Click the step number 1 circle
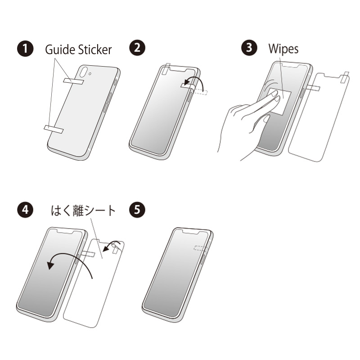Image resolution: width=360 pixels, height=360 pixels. point(25,49)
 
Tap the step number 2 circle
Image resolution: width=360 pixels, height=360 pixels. point(137,48)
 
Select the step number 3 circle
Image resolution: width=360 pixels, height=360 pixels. point(249,48)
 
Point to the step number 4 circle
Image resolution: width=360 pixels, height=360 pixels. point(25,210)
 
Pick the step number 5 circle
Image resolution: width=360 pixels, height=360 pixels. point(137,210)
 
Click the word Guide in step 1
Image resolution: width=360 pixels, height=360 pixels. point(60,49)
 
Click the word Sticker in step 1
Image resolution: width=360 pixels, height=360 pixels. point(95,49)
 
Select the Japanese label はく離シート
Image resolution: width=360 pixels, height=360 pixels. point(83,211)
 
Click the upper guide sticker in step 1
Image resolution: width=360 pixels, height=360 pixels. point(73,81)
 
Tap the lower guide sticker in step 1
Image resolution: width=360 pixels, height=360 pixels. point(54,129)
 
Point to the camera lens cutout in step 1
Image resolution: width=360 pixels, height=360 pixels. point(83,72)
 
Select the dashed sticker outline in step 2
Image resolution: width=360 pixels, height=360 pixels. point(201,92)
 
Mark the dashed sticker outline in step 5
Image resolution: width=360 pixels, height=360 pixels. point(201,248)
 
